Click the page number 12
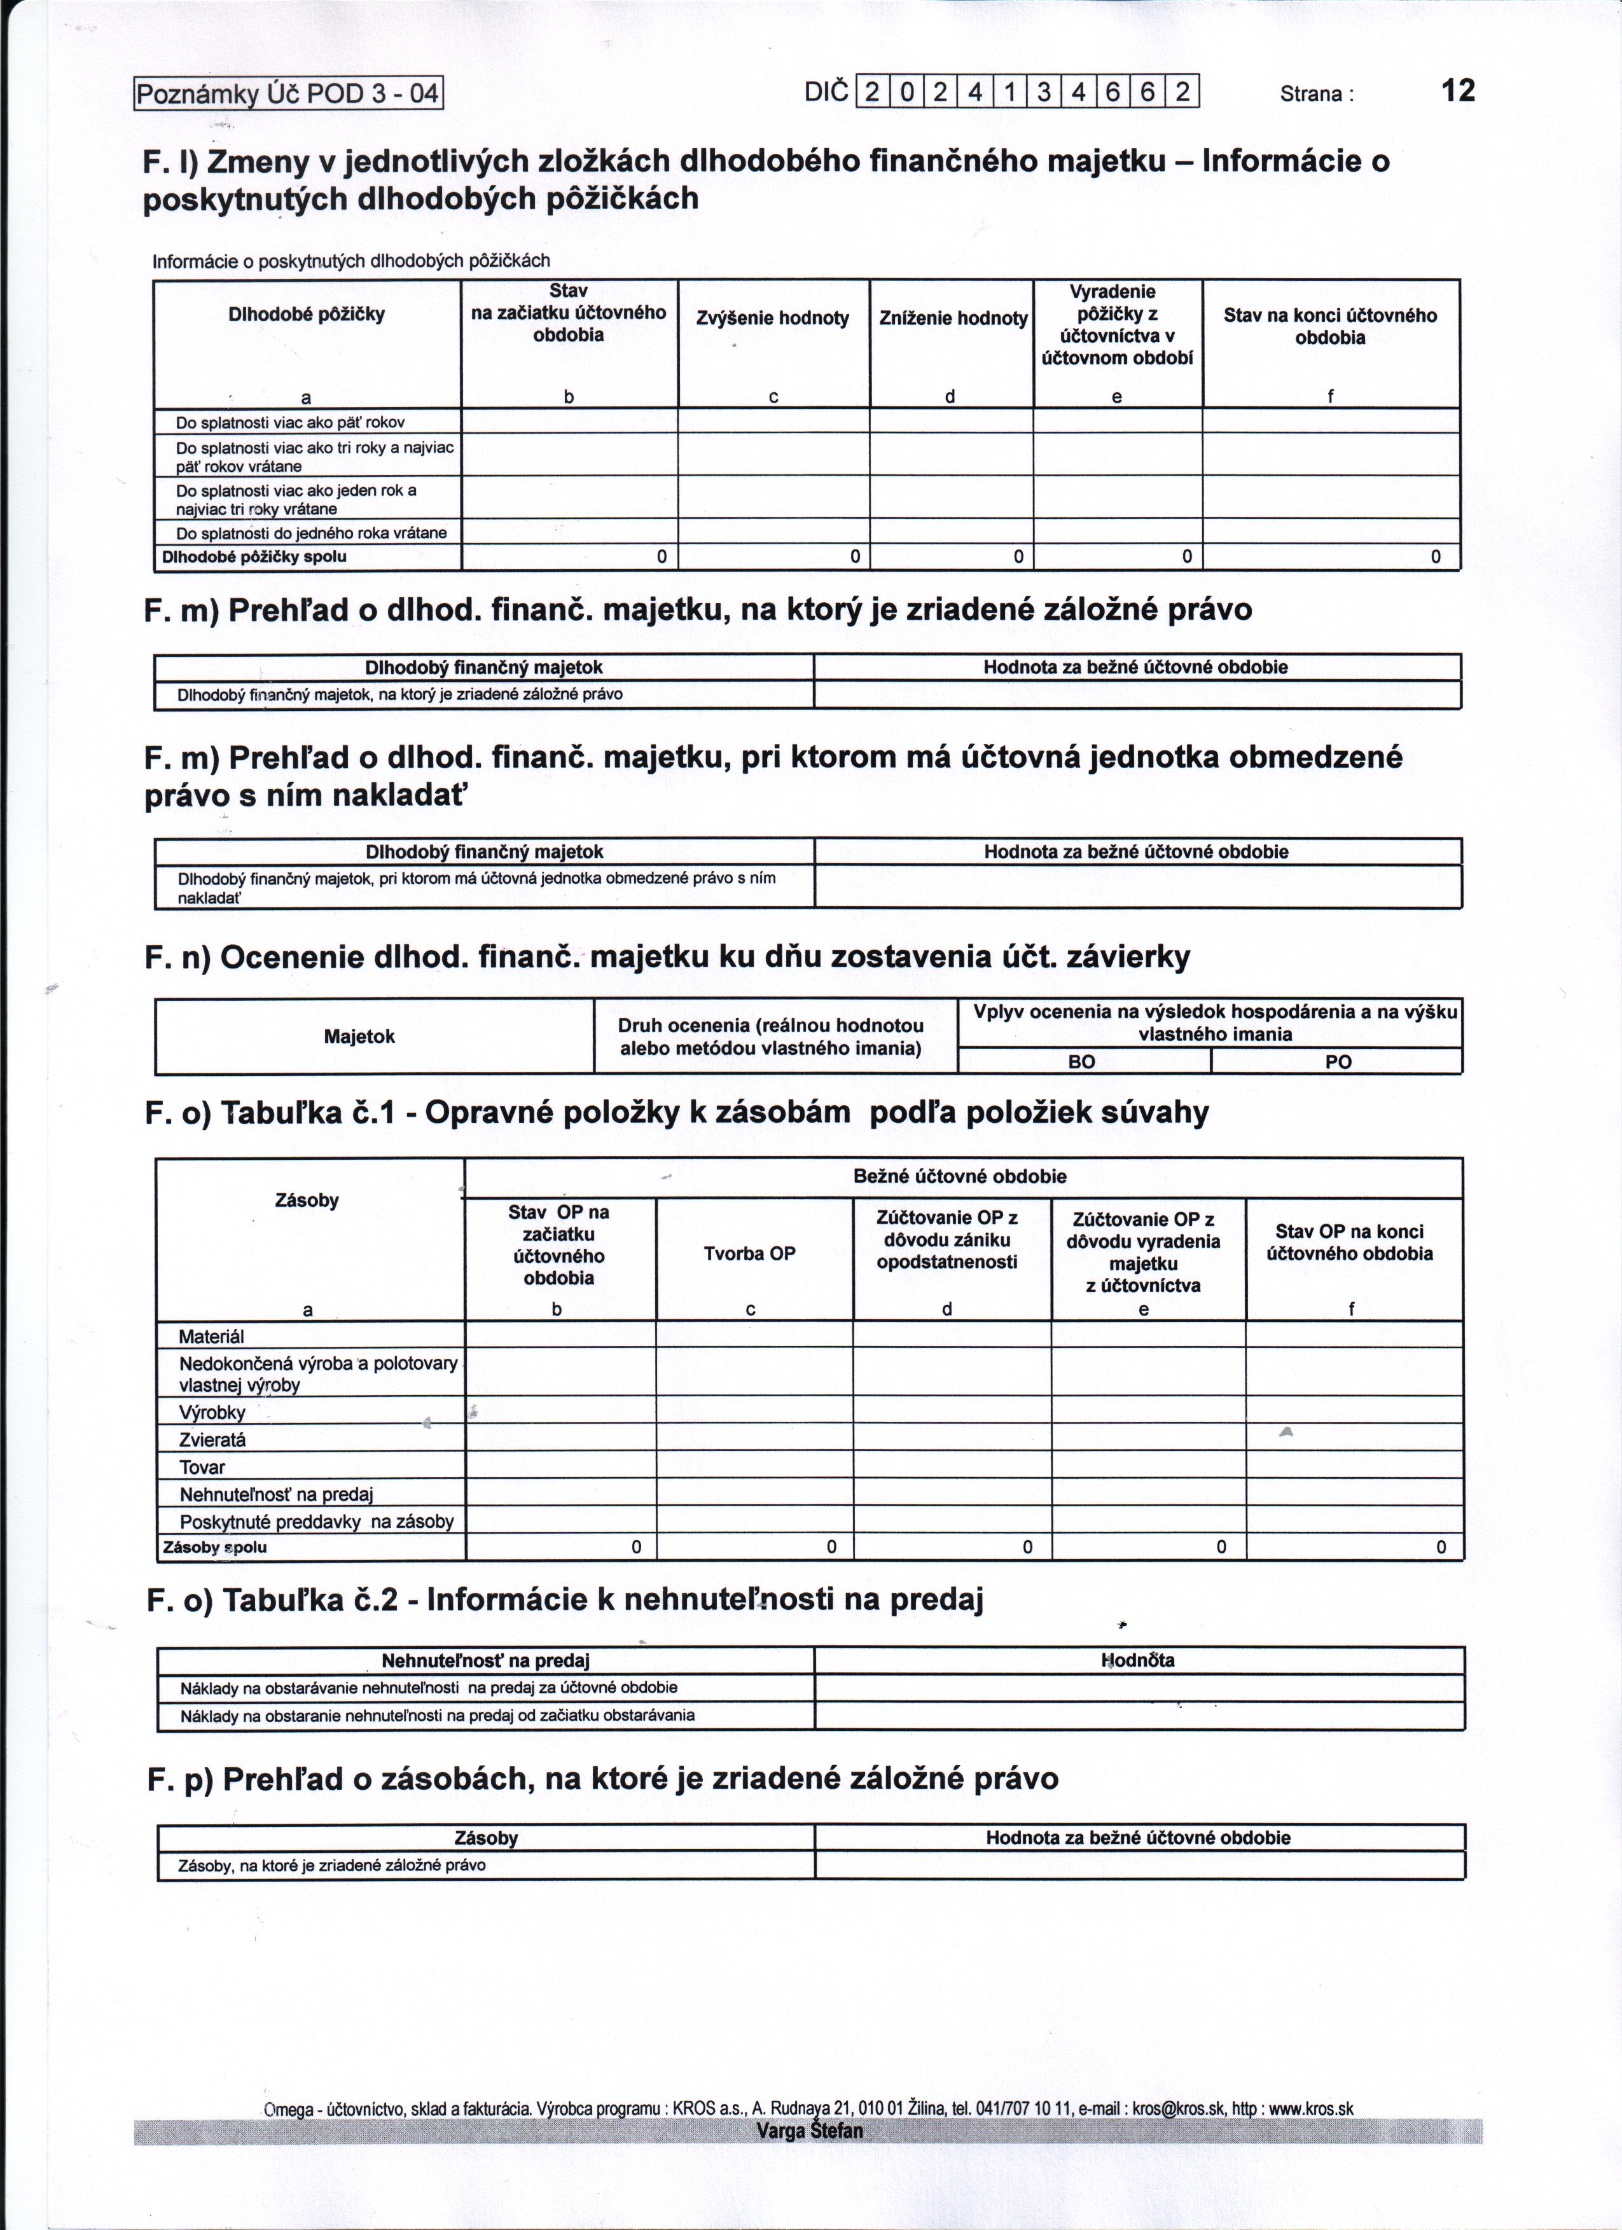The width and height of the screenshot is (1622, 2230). click(1458, 92)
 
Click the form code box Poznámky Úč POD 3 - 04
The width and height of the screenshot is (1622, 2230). click(288, 94)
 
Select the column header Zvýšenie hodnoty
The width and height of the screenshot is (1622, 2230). click(772, 317)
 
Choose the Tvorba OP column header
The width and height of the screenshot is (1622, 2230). click(749, 1254)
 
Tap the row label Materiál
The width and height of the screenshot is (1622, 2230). click(211, 1336)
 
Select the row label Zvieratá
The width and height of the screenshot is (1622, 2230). click(212, 1440)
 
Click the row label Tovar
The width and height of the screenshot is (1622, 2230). click(203, 1467)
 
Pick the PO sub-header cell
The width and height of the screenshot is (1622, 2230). click(1338, 1062)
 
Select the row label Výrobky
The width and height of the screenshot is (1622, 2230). click(212, 1412)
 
